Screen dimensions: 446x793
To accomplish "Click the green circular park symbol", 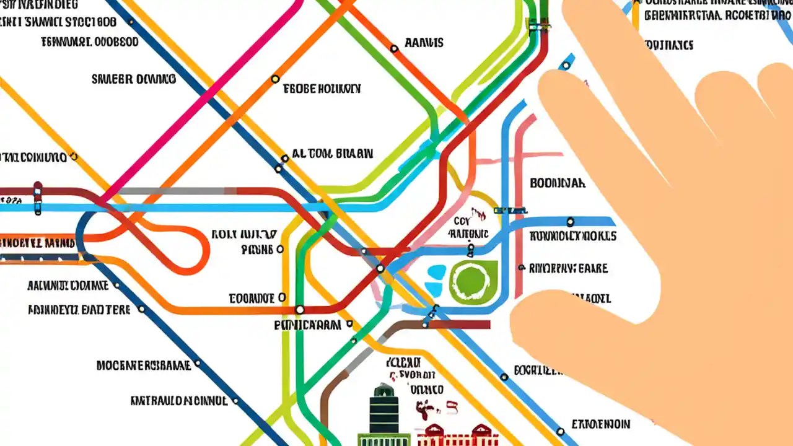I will point(474,282).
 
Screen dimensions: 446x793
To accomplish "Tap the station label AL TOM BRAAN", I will point(332,154).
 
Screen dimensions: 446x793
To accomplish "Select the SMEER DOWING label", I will point(134,79).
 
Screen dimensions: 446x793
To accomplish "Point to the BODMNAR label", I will point(558,183).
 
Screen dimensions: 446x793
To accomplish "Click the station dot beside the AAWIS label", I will point(394,48).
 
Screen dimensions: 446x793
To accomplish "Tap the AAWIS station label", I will point(424,43).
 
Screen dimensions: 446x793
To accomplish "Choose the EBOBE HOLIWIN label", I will point(322,89).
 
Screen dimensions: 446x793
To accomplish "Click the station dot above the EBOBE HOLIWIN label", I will point(275,79).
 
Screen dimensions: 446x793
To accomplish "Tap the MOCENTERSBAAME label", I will point(144,365).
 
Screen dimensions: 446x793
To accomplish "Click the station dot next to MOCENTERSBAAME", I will point(198,364).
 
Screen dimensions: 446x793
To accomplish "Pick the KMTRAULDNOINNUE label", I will point(178,401).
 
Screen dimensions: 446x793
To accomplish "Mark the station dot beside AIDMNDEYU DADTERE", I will point(141,309).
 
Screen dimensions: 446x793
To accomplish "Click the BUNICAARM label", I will point(307,325).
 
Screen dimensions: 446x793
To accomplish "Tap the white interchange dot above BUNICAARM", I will point(300,309).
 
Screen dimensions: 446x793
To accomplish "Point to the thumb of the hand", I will point(558,322).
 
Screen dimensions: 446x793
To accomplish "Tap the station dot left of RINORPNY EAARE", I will point(522,268).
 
